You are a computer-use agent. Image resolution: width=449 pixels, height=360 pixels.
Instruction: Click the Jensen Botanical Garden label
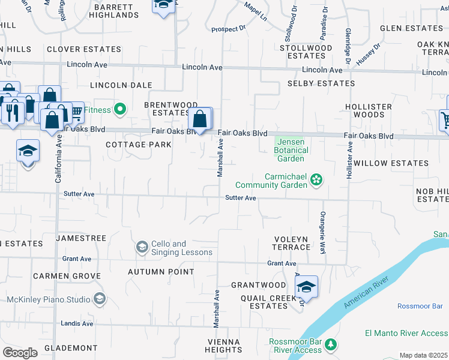291,150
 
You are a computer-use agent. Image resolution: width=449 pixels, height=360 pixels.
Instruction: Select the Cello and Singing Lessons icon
142,247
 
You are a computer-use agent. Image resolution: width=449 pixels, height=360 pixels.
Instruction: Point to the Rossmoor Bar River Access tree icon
331,345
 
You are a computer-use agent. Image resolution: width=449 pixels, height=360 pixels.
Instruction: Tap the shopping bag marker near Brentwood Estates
200,119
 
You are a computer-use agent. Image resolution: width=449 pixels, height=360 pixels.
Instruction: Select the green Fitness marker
120,109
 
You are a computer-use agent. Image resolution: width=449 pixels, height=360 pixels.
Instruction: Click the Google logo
20,353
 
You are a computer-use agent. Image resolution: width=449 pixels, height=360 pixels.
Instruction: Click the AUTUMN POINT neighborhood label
161,272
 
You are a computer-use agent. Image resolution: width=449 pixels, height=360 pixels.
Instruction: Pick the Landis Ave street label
78,323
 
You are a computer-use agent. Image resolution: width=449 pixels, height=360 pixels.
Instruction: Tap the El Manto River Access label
406,333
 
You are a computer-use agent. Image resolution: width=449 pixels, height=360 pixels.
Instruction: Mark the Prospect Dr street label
229,29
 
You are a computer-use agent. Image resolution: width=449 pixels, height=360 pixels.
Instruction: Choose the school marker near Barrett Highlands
163,5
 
